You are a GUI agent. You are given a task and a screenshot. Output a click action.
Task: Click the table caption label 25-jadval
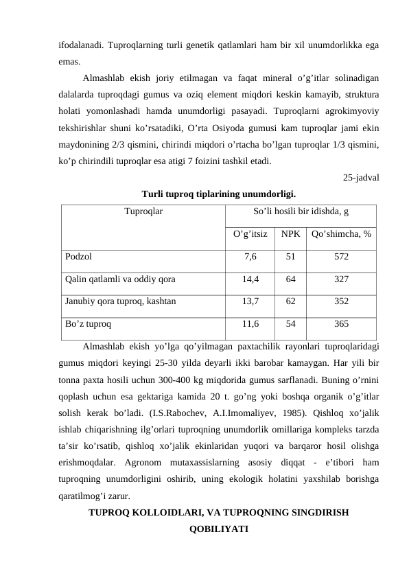tap(362, 178)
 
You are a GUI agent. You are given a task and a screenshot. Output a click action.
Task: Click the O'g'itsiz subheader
tap(250, 234)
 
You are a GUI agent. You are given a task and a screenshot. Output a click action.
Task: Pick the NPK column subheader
tap(290, 234)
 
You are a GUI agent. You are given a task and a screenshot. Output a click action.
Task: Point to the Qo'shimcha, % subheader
tap(341, 234)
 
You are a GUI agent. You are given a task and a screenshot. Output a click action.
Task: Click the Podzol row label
tap(78, 257)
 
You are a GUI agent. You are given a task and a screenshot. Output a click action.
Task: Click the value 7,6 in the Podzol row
tap(250, 257)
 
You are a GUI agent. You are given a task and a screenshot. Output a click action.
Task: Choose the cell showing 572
tap(341, 257)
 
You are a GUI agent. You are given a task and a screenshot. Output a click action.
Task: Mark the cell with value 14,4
tap(250, 279)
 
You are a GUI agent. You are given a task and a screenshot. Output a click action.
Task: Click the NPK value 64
tap(291, 279)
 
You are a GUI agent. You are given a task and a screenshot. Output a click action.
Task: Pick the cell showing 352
tap(341, 301)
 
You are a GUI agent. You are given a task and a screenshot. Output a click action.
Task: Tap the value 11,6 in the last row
tap(250, 323)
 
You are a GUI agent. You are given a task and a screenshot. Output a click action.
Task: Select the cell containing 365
tap(341, 323)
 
